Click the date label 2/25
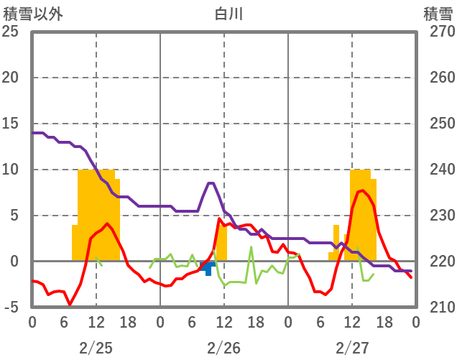[x=96, y=348]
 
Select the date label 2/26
[x=223, y=348]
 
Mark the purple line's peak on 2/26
[x=211, y=183]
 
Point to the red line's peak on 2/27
[x=363, y=190]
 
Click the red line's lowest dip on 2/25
[x=70, y=305]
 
